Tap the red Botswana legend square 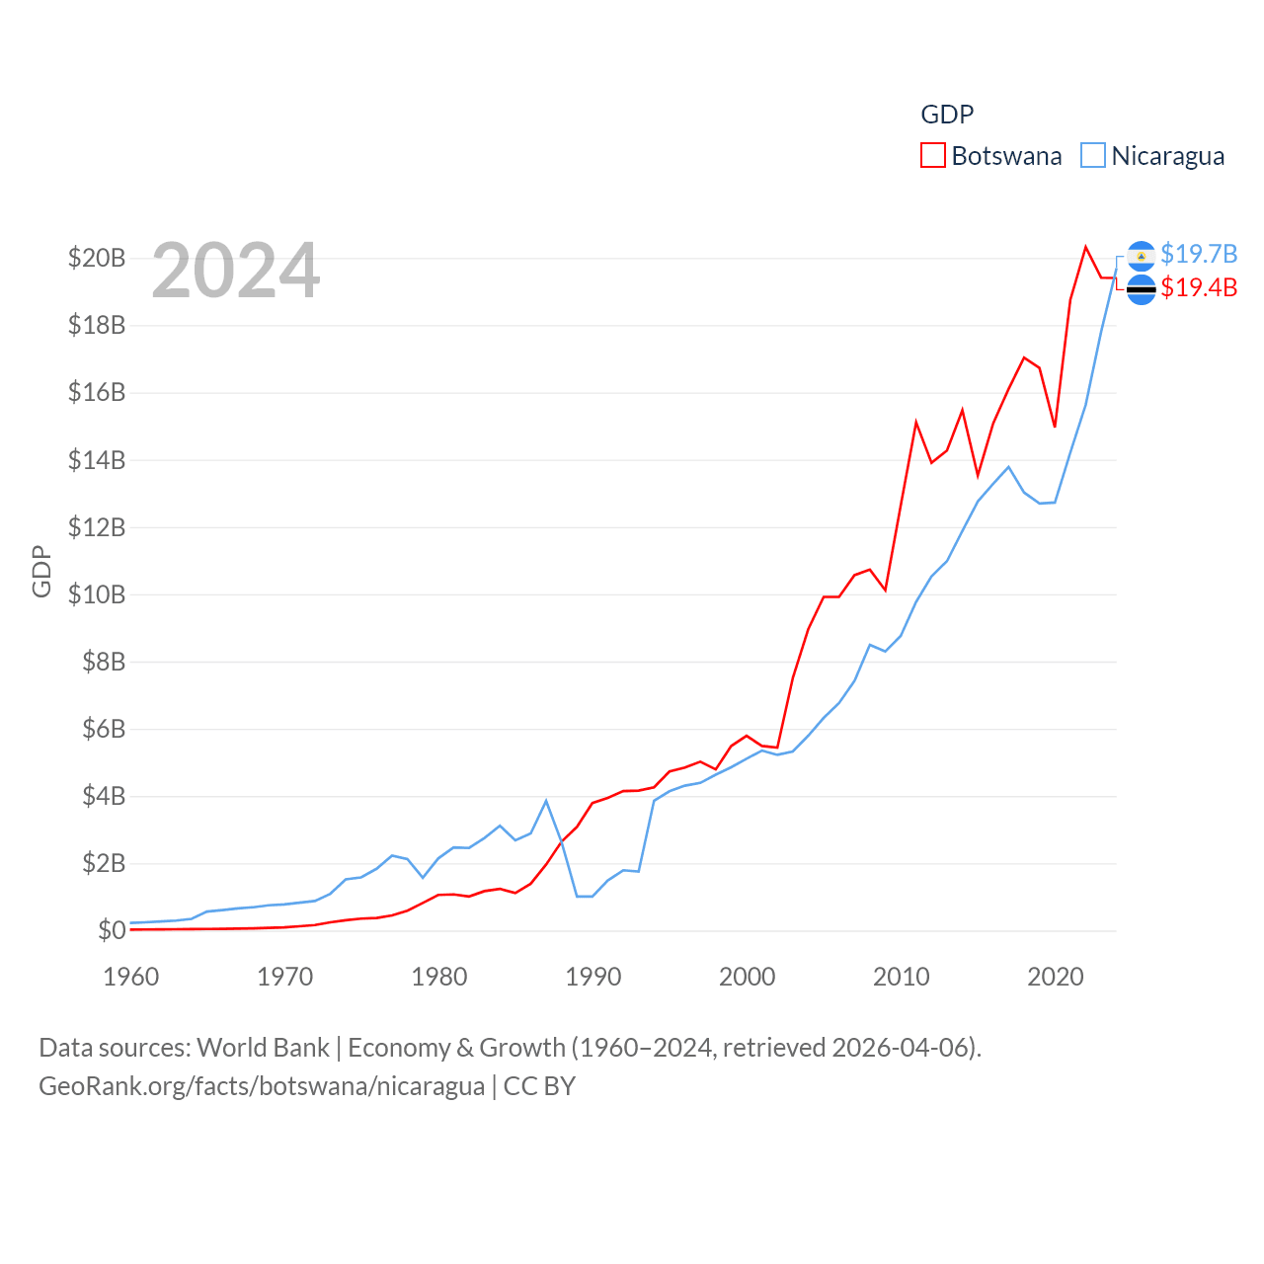(x=932, y=156)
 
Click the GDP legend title (x=947, y=115)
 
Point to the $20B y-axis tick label (x=97, y=259)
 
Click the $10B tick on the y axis (x=97, y=594)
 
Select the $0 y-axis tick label (x=112, y=930)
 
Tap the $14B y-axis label (x=97, y=460)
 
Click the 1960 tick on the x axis (x=131, y=977)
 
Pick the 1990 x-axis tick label (x=593, y=977)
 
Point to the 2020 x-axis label (x=1056, y=977)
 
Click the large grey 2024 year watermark (x=236, y=271)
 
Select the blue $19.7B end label (x=1199, y=255)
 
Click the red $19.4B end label (x=1199, y=288)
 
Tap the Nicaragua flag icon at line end (x=1141, y=256)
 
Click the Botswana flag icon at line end (x=1141, y=289)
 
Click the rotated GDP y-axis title (x=41, y=571)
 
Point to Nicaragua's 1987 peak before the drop (x=546, y=801)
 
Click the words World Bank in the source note (x=263, y=1048)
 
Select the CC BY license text (x=539, y=1086)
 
